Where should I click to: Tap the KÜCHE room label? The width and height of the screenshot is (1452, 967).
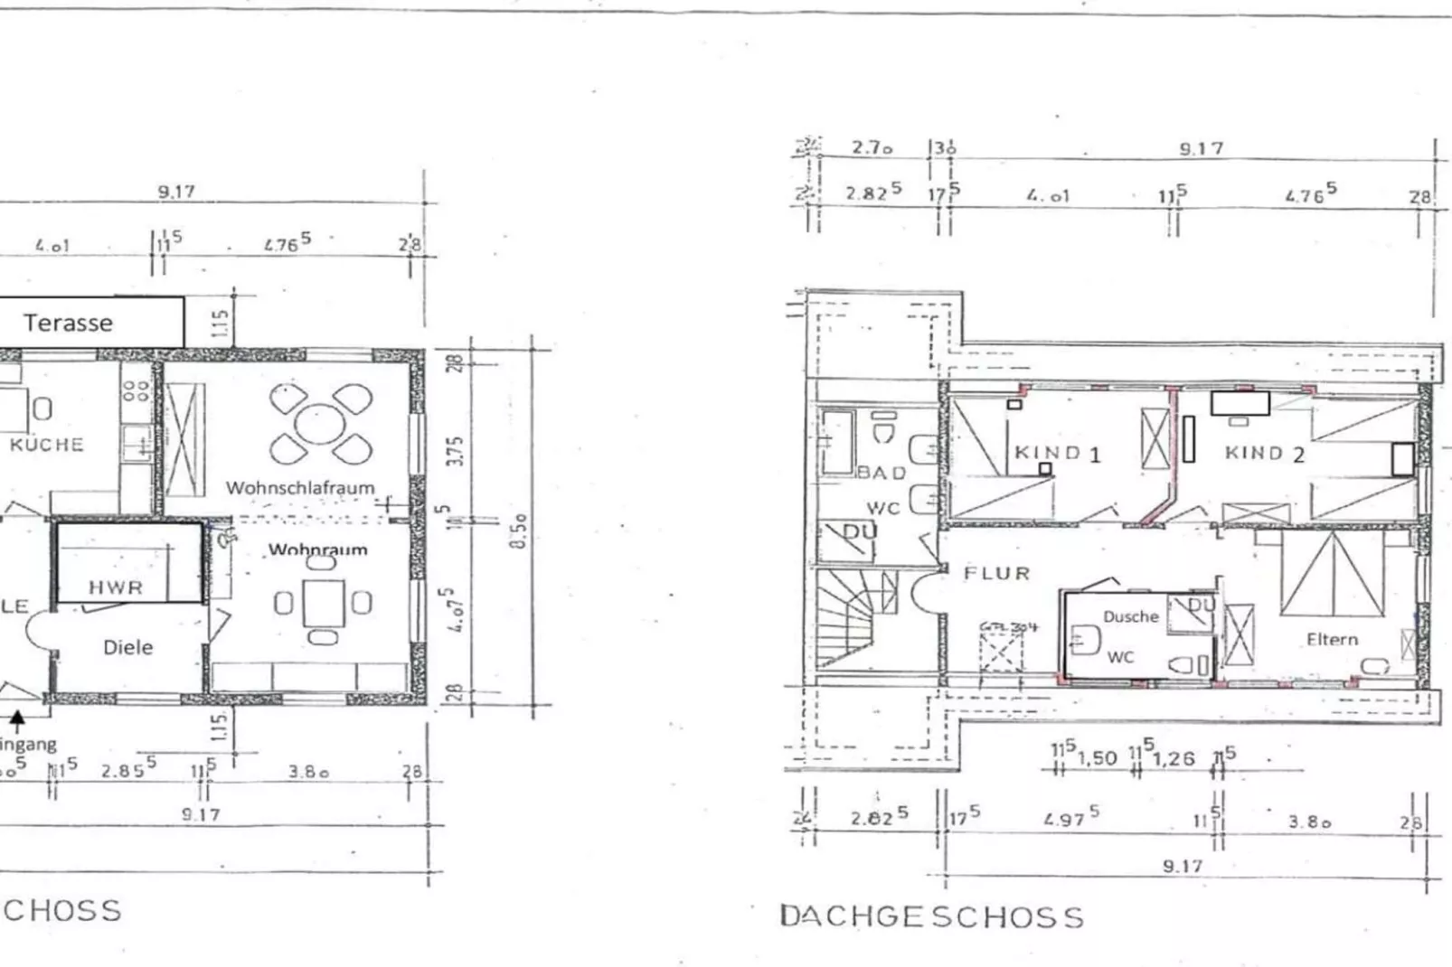[x=47, y=444]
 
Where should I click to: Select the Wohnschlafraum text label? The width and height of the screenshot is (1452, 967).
[x=300, y=487]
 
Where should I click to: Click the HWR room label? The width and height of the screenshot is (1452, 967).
[x=116, y=587]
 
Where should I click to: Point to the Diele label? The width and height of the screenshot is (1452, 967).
[x=128, y=647]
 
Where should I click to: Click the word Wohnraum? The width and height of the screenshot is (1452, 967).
[x=318, y=549]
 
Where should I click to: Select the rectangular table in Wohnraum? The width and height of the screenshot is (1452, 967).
[x=323, y=603]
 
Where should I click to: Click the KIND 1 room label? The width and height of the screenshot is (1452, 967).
[x=1057, y=453]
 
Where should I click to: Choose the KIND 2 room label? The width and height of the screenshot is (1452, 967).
[x=1264, y=453]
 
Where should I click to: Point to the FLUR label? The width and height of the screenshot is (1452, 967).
[x=996, y=573]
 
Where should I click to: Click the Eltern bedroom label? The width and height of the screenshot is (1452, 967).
[x=1332, y=639]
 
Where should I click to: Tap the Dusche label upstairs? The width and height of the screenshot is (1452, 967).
[x=1130, y=616]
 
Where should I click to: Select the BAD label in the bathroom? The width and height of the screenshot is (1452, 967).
[x=882, y=473]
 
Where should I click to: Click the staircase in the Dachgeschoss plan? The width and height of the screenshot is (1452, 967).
[x=854, y=619]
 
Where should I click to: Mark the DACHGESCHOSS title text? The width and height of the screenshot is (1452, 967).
[x=931, y=916]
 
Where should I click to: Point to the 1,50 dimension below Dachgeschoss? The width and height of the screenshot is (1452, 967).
[x=1097, y=757]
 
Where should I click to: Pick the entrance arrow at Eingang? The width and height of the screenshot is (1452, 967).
[x=17, y=720]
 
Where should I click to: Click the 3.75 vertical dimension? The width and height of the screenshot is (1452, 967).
[x=456, y=450]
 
